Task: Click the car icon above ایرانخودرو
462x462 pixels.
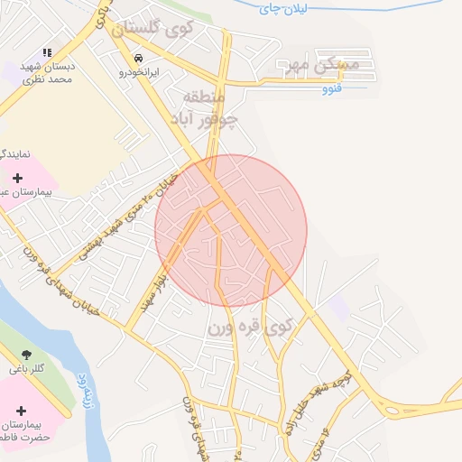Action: pyautogui.click(x=136, y=57)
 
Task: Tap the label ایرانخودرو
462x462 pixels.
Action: pyautogui.click(x=140, y=70)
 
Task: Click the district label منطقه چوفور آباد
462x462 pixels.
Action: pyautogui.click(x=209, y=107)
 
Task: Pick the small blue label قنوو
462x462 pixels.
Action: pyautogui.click(x=333, y=89)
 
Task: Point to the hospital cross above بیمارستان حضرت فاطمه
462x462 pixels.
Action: pyautogui.click(x=22, y=411)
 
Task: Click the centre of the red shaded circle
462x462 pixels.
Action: pyautogui.click(x=231, y=231)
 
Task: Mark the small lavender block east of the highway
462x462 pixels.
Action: pyautogui.click(x=338, y=308)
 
